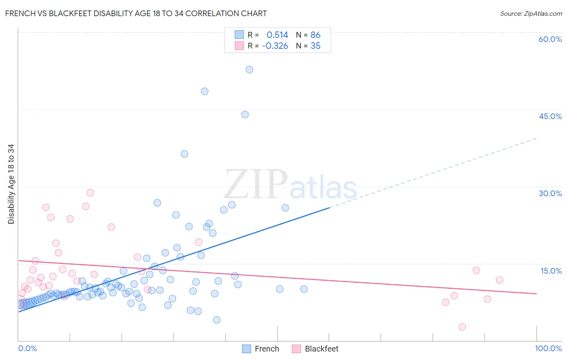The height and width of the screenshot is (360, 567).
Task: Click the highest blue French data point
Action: click(250, 70)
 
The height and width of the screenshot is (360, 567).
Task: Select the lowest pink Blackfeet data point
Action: click(462, 327)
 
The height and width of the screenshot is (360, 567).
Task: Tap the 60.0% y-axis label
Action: click(550, 39)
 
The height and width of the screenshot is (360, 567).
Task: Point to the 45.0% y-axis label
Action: click(550, 116)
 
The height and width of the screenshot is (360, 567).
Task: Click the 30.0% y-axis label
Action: click(550, 193)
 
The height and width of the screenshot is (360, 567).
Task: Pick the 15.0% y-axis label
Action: click(551, 271)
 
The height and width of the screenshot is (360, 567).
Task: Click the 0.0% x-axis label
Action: click(27, 348)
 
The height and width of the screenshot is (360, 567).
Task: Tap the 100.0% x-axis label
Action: click(548, 348)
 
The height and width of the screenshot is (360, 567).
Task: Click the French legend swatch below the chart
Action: click(246, 349)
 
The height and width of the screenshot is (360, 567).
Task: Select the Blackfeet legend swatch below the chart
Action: click(296, 349)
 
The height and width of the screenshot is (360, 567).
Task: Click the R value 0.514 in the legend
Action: click(277, 35)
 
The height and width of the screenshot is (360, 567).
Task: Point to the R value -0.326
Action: click(275, 46)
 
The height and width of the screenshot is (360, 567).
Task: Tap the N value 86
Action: click(315, 35)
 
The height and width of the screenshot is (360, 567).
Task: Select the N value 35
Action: click(315, 46)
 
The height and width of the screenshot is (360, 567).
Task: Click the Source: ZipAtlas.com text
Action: click(531, 14)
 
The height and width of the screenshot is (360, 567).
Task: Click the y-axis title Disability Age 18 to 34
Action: click(11, 184)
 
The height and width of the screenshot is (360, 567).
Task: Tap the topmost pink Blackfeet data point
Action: click(90, 193)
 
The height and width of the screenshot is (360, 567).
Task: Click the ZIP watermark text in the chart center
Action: click(256, 184)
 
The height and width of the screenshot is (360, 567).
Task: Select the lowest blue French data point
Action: click(217, 320)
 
